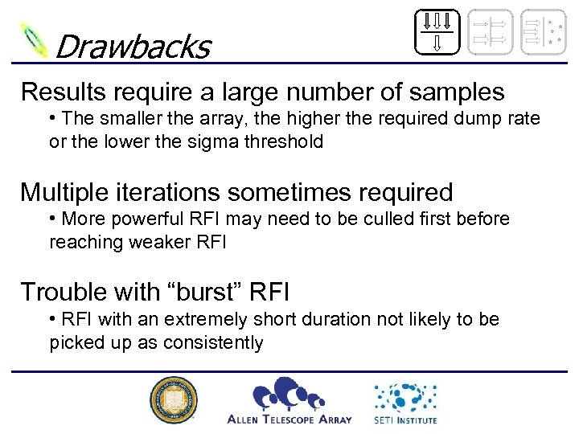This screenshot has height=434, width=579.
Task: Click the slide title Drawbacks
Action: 132,47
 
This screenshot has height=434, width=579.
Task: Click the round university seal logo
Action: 174,400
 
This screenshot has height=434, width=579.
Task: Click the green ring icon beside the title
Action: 35,40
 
